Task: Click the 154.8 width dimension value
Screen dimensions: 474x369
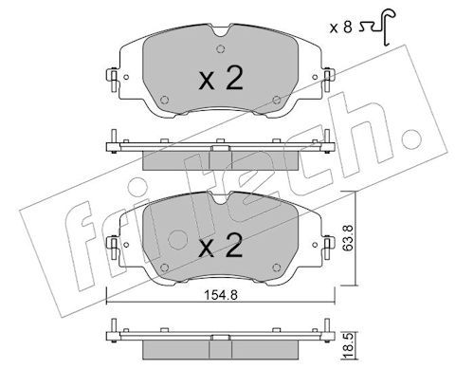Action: point(221,295)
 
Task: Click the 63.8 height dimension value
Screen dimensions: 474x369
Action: point(348,238)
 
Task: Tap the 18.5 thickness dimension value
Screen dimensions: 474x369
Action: point(348,347)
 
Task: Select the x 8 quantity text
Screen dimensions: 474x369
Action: point(340,28)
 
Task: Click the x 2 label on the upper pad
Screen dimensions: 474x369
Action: point(221,78)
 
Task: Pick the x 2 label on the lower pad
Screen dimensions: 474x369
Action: point(221,246)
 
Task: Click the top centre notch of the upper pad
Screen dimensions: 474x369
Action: point(221,30)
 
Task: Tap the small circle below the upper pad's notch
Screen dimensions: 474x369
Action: point(221,49)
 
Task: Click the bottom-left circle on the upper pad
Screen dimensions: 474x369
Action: point(164,100)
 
